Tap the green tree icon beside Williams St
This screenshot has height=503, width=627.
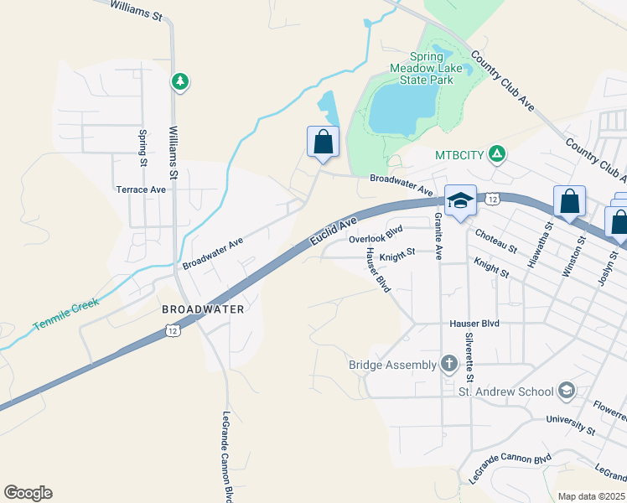[x=179, y=81]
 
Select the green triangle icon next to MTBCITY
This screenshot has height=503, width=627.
[x=497, y=153]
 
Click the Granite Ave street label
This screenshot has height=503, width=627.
[x=438, y=236]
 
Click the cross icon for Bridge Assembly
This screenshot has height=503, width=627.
[x=448, y=364]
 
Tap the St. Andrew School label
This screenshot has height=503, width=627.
[x=505, y=392]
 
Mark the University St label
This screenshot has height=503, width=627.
[x=570, y=425]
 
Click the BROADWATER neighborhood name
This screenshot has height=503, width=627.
[x=203, y=309]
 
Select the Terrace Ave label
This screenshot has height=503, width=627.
[x=141, y=189]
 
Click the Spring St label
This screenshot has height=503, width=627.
[x=143, y=146]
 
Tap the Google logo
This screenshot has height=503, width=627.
[x=28, y=493]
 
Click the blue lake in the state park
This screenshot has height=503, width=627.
[x=402, y=109]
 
